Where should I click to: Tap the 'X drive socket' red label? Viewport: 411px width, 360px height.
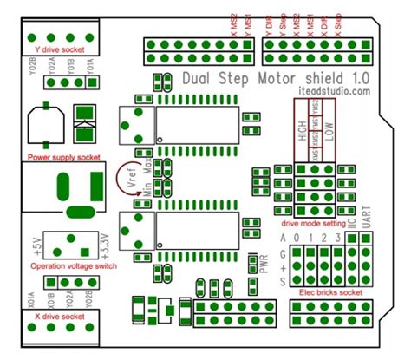point(59,317)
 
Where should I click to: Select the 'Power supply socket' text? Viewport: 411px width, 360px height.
point(64,158)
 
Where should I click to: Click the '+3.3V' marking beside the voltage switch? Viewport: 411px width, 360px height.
point(106,245)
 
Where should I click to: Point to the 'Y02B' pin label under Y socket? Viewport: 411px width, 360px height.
point(33,66)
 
